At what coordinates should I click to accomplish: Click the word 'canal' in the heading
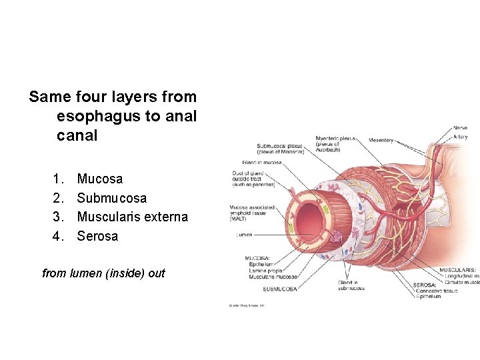pyautogui.click(x=77, y=135)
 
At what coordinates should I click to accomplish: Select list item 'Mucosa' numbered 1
pyautogui.click(x=100, y=179)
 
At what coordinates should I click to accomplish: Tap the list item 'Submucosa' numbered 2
pyautogui.click(x=112, y=198)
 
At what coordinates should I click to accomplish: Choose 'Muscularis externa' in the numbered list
pyautogui.click(x=133, y=217)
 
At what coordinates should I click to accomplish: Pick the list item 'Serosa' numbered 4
pyautogui.click(x=97, y=236)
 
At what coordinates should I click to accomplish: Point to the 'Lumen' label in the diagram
pyautogui.click(x=244, y=235)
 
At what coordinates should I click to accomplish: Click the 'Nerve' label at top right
pyautogui.click(x=460, y=128)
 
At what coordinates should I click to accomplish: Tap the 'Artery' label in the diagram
pyautogui.click(x=461, y=136)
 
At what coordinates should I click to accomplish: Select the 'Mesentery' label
pyautogui.click(x=381, y=140)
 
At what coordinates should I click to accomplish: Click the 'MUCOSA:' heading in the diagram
pyautogui.click(x=257, y=258)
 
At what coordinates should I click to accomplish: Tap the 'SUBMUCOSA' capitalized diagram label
pyautogui.click(x=280, y=289)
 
